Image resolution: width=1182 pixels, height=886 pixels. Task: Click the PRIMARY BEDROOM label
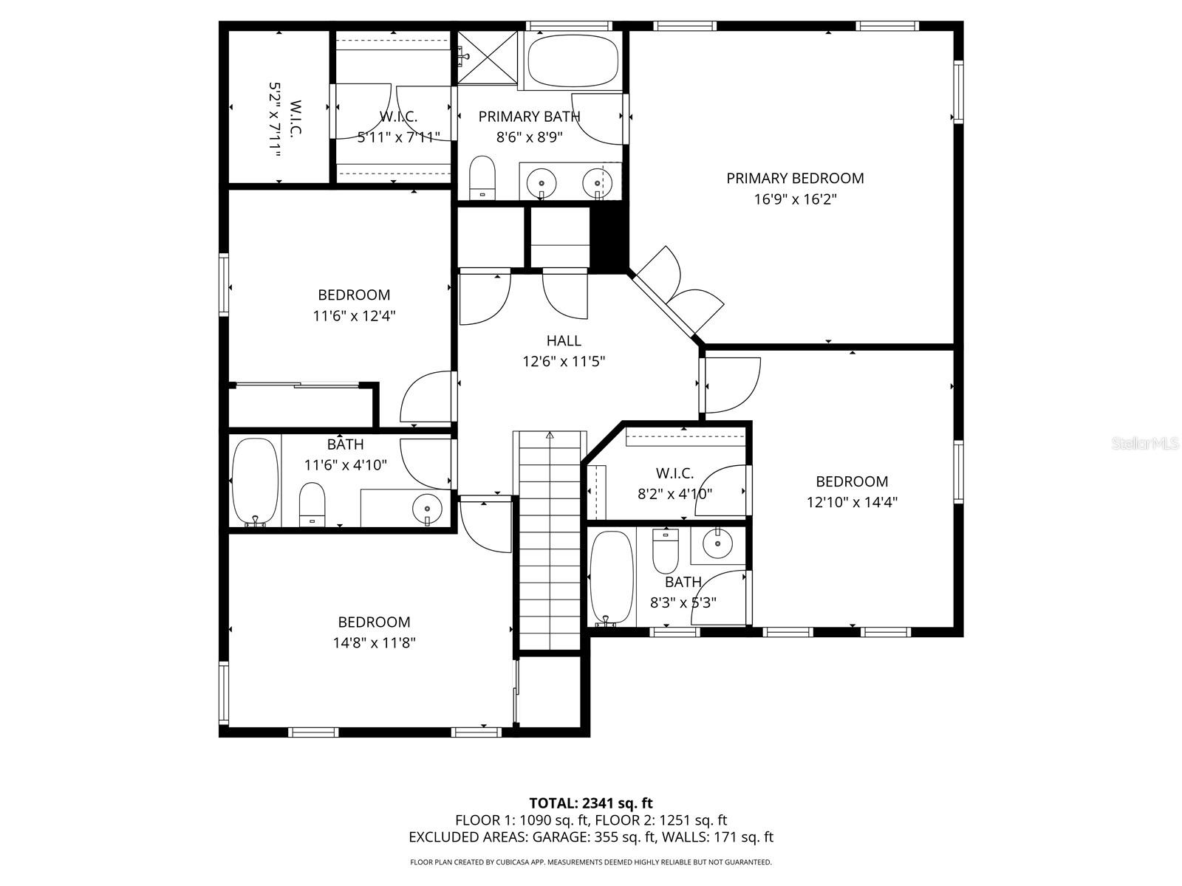click(x=795, y=178)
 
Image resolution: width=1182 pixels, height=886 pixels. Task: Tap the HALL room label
click(x=564, y=340)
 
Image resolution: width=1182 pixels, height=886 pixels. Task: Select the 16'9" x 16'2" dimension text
click(x=795, y=199)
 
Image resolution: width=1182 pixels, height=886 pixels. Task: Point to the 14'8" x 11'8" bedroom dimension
click(x=375, y=642)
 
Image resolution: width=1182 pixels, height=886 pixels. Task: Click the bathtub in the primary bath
click(x=571, y=61)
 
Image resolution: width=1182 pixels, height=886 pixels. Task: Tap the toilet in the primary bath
click(x=482, y=178)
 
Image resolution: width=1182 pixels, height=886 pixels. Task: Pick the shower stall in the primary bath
click(x=487, y=58)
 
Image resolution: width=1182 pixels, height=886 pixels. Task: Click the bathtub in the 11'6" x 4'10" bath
click(x=256, y=481)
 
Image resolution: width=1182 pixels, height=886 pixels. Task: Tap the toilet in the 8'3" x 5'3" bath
click(x=665, y=551)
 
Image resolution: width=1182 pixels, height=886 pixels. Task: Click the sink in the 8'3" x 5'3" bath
click(x=718, y=544)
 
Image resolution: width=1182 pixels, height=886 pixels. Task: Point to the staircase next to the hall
click(x=550, y=540)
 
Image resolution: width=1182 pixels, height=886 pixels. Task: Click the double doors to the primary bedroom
click(x=678, y=294)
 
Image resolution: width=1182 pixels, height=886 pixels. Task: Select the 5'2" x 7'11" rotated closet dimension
click(x=275, y=120)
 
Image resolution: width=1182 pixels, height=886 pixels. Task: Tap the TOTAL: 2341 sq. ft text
click(x=591, y=803)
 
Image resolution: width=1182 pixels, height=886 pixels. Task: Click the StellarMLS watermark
click(x=1144, y=444)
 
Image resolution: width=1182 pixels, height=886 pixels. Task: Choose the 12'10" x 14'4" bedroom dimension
click(x=852, y=502)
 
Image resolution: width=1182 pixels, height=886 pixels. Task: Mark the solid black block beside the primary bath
click(x=609, y=237)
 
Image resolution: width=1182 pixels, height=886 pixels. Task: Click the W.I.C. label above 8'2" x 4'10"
click(x=674, y=473)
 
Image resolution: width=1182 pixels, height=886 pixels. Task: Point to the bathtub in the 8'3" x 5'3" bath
click(x=611, y=578)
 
